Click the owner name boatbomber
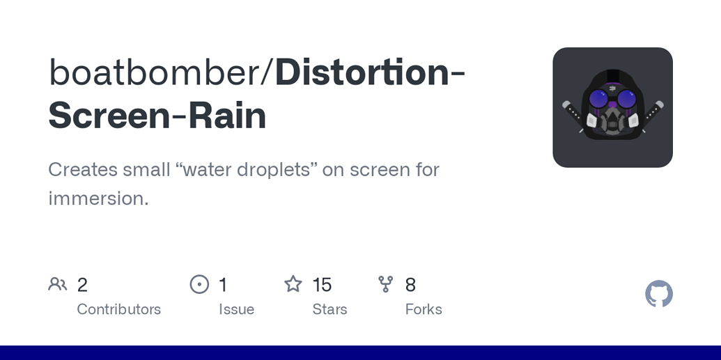click(153, 72)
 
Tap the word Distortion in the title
click(362, 72)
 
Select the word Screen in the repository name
click(109, 116)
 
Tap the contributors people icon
click(57, 284)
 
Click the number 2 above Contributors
click(82, 285)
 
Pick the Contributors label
click(118, 309)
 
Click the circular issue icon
click(199, 284)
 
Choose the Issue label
click(236, 309)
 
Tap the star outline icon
click(293, 284)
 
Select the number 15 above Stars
click(322, 285)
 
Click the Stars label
click(330, 309)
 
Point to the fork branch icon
click(386, 284)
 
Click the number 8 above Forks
click(410, 285)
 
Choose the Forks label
click(424, 309)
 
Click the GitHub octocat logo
click(658, 294)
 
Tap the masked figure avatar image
click(612, 107)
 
